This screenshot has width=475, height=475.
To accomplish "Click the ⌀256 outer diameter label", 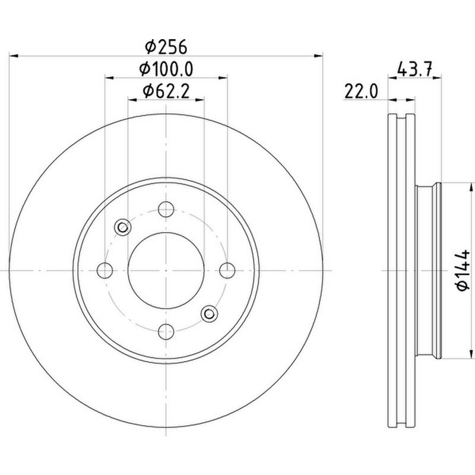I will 166,46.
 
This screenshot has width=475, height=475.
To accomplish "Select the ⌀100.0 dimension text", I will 166,69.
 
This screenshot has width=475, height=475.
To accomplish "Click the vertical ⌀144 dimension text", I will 464,271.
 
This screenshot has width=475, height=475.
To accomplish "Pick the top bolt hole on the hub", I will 166,209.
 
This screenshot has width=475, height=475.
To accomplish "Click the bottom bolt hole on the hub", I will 166,331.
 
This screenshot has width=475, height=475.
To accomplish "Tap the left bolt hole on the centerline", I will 105,270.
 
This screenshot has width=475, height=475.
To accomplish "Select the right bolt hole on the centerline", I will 227,270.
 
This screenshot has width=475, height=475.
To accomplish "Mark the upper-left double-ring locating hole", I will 123,227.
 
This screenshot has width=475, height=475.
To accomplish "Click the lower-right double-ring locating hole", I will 209,313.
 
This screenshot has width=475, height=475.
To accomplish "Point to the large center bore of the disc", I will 166,270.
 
